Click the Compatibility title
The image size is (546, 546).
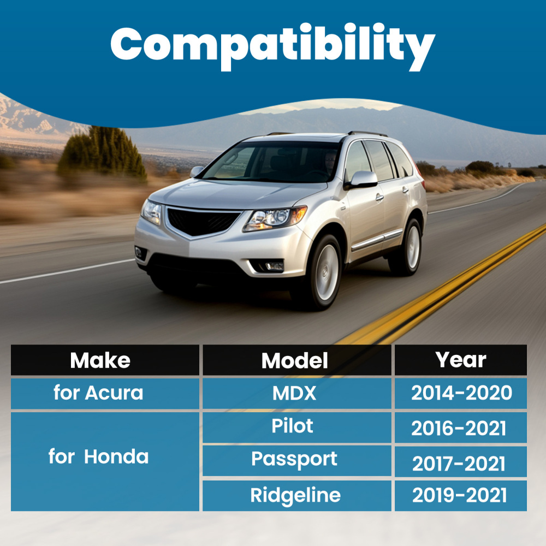[272, 46]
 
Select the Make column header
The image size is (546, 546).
[105, 360]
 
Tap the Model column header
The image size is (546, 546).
[297, 360]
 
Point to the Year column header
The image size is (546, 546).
[461, 360]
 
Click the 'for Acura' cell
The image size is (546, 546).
[105, 394]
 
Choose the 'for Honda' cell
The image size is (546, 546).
[105, 461]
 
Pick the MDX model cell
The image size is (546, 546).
[297, 394]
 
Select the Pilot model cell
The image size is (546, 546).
[297, 428]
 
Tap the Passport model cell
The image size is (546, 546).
[297, 461]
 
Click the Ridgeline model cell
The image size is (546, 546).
[297, 496]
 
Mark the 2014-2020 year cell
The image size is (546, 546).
[461, 394]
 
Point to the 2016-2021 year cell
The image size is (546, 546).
[461, 428]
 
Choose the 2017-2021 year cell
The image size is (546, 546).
[461, 461]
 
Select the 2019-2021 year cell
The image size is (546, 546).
[461, 496]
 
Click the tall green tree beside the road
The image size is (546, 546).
[103, 153]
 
